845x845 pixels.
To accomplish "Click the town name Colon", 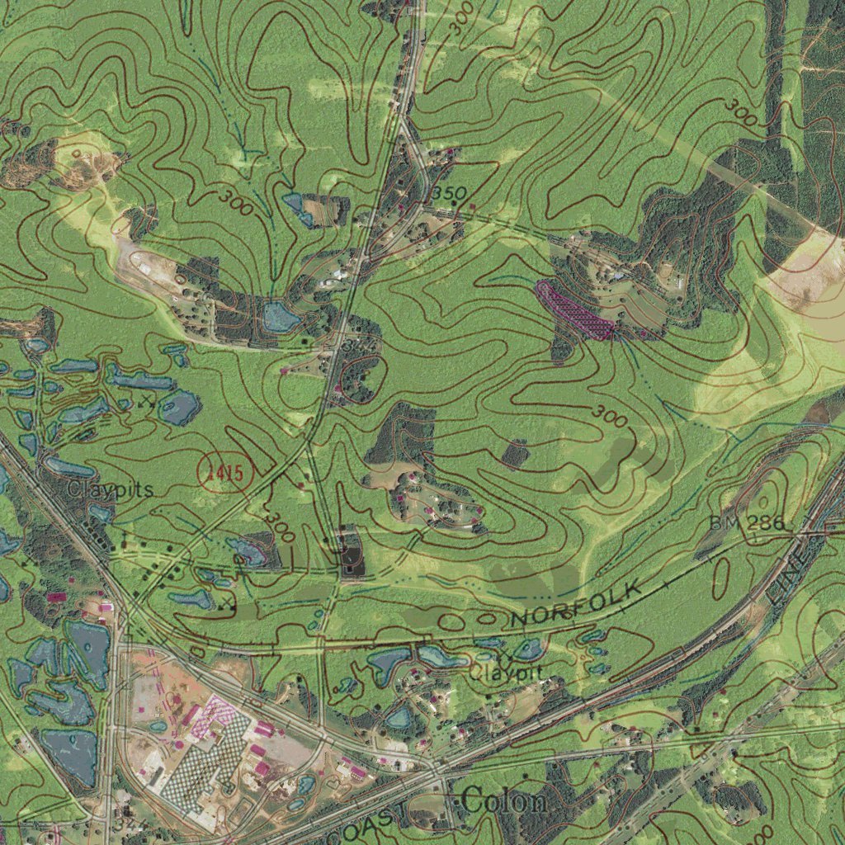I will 504,800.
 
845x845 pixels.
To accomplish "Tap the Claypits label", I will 111,489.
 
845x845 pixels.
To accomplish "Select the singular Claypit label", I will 506,672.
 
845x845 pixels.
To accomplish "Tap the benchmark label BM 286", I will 749,524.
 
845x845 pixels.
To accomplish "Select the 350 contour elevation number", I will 450,192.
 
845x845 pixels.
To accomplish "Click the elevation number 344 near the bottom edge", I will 125,824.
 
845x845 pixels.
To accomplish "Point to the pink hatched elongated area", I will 574,310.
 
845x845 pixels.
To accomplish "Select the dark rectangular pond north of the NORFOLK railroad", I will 352,553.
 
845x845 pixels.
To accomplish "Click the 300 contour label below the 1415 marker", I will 279,526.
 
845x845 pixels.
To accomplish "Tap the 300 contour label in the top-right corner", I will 742,112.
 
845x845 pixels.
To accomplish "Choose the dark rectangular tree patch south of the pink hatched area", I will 516,452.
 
